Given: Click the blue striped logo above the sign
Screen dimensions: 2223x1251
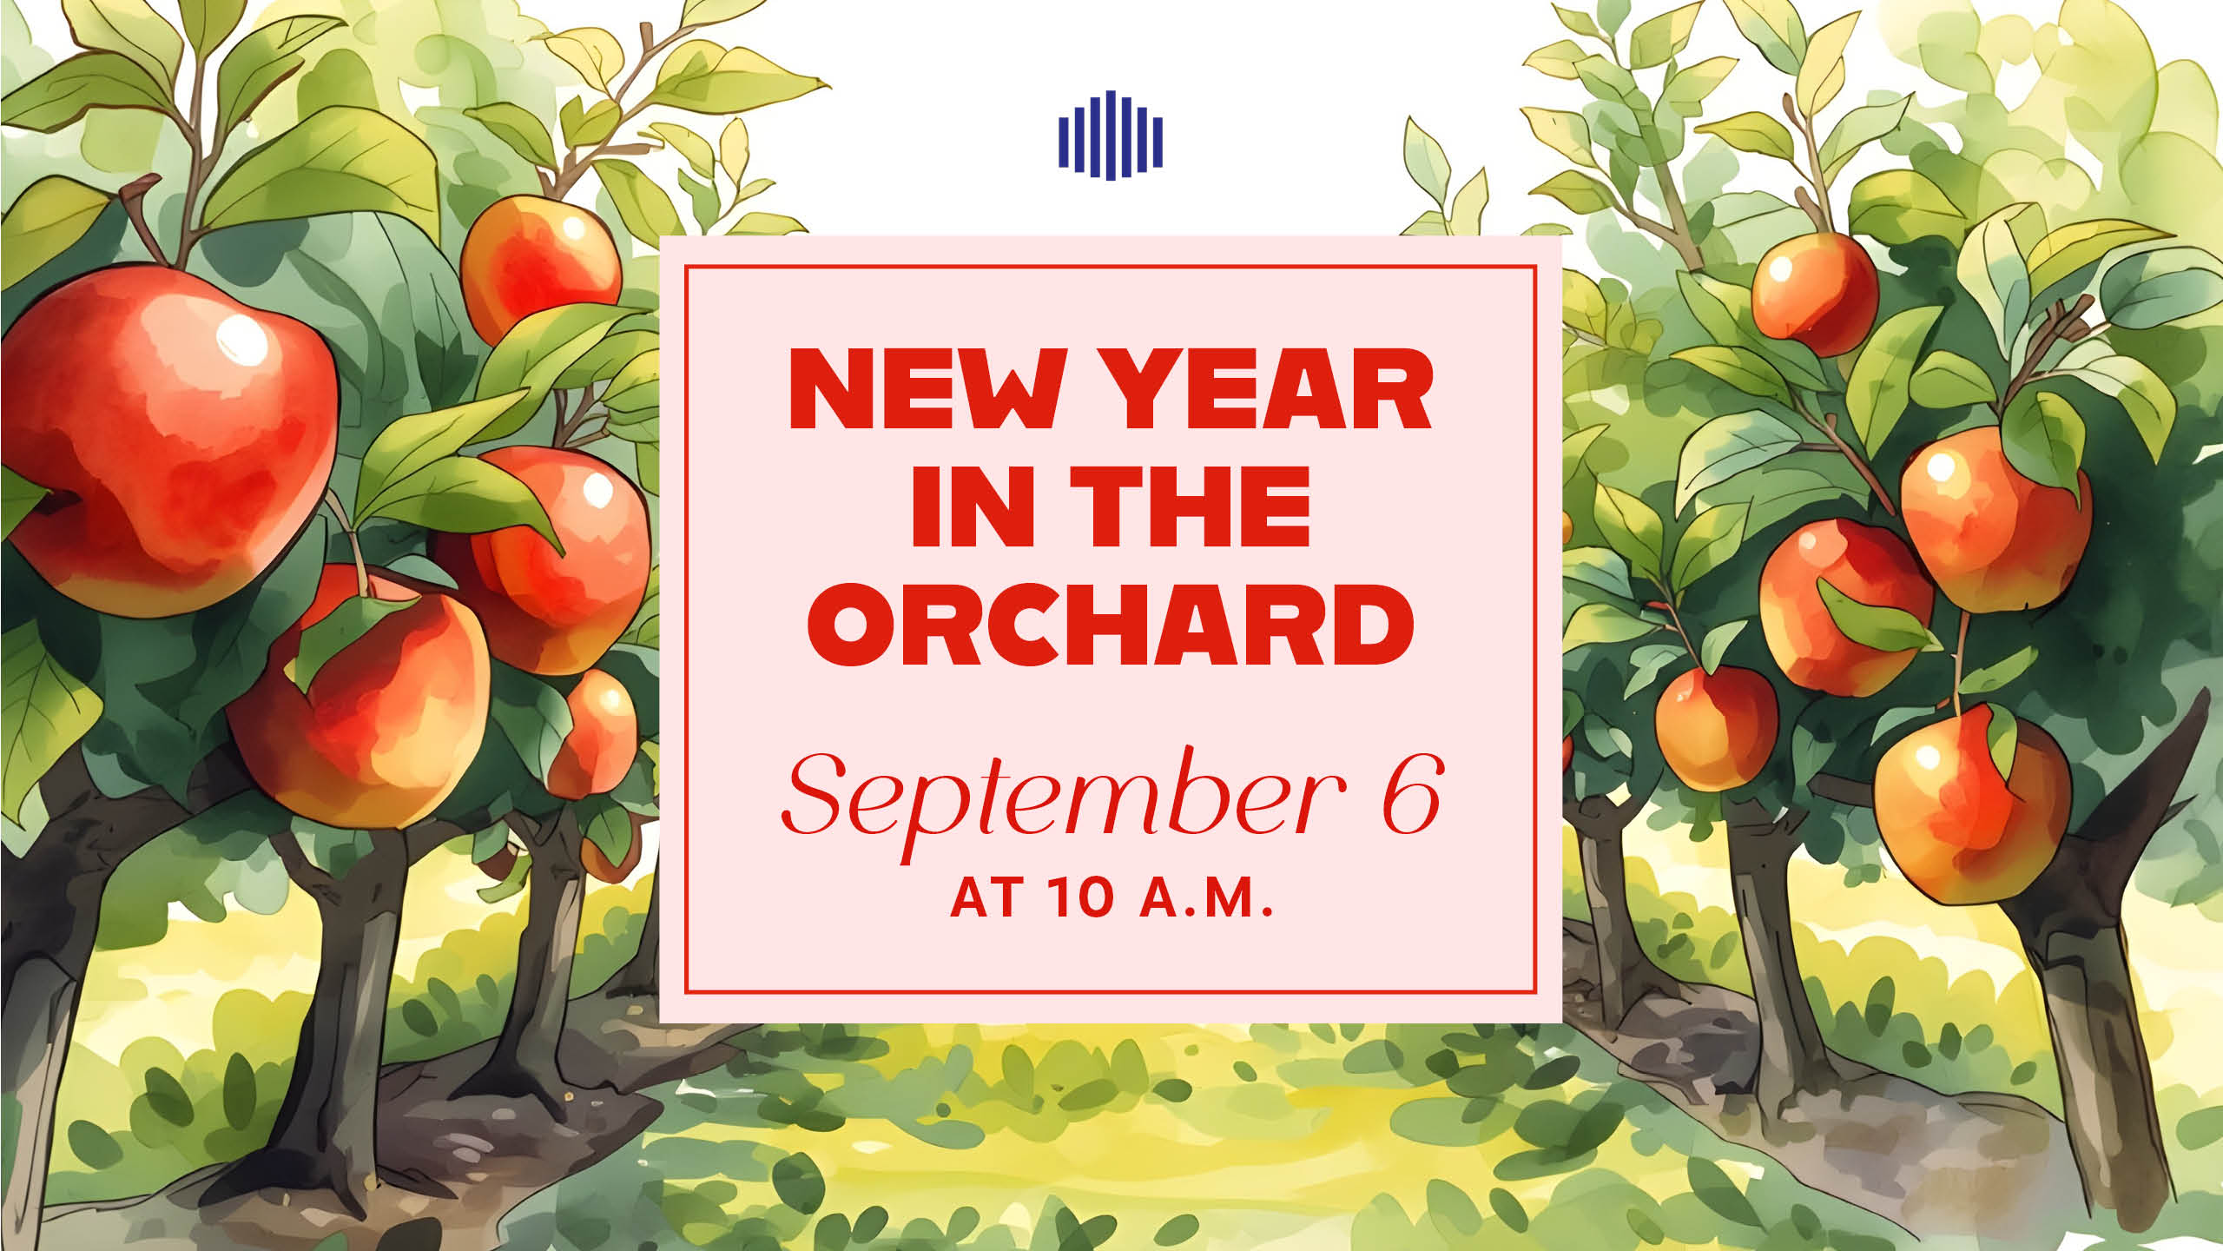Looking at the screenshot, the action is [x=1111, y=135].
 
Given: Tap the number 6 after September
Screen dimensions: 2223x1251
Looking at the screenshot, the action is [x=1412, y=793].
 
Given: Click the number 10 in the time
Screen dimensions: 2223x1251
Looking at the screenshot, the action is [x=1079, y=897].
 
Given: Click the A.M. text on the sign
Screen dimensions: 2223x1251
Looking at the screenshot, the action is [x=1206, y=897].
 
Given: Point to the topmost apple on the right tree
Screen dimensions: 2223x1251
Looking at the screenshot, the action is [x=1815, y=294].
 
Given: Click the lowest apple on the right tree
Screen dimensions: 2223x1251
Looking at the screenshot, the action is [x=1972, y=804].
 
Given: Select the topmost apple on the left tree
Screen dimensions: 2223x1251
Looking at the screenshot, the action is [x=540, y=265].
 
